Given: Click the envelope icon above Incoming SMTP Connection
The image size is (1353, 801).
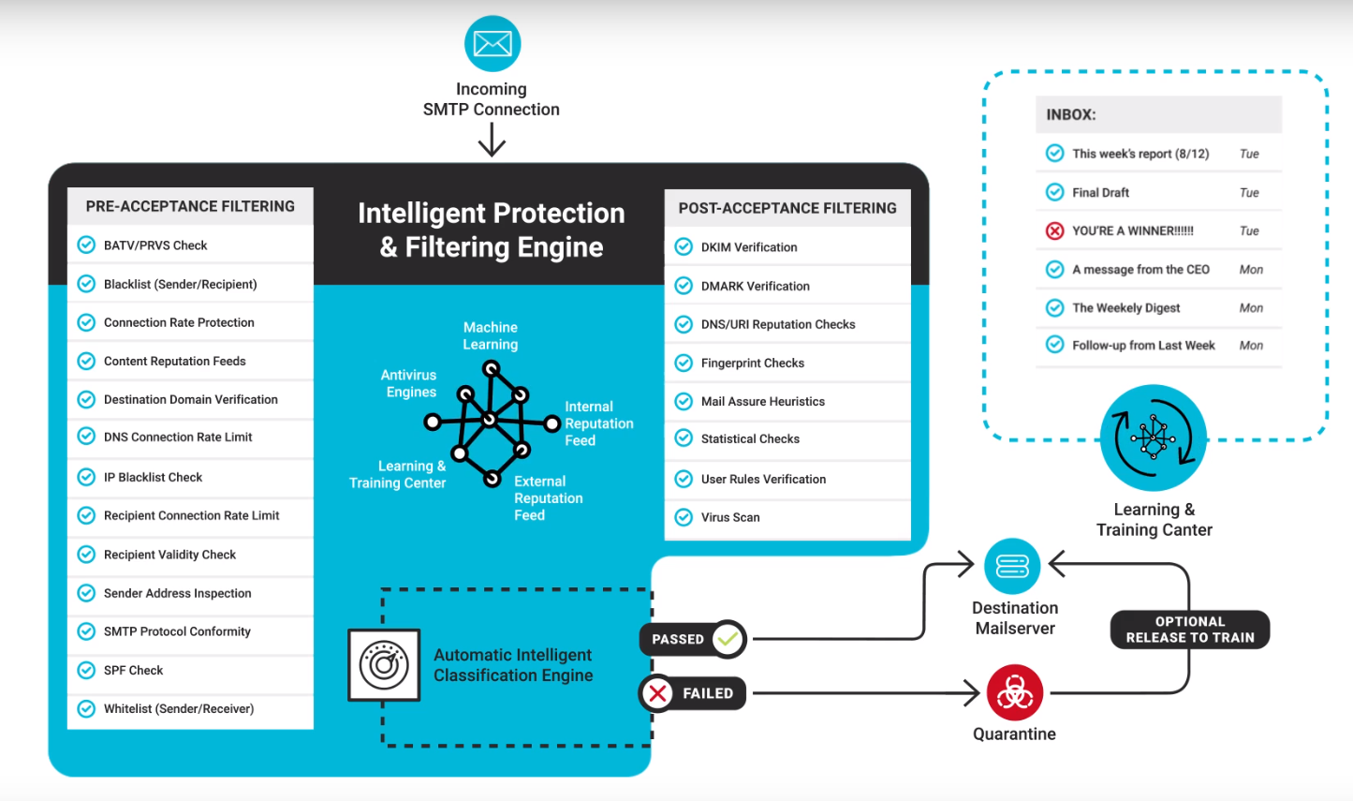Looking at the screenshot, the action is (x=493, y=43).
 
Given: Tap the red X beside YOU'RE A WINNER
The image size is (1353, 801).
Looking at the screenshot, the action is (x=1054, y=230).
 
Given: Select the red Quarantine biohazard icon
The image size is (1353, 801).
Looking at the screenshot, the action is (x=1015, y=692).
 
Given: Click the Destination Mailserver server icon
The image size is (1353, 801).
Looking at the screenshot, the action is (x=1012, y=567).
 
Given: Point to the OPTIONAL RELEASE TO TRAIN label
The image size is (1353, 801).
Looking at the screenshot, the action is (x=1190, y=630).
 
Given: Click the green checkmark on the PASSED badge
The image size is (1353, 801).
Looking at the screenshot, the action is (x=728, y=638).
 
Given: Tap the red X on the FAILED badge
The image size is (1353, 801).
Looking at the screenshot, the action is (x=658, y=692).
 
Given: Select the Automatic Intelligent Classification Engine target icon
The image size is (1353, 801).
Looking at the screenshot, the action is (x=384, y=665).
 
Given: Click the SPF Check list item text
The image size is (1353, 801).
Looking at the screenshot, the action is (x=134, y=671).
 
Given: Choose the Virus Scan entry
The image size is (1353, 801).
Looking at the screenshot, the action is (x=730, y=517).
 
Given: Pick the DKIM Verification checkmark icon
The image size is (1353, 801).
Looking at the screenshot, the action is (x=684, y=246).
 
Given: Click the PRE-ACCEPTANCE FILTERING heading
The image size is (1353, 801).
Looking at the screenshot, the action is (x=190, y=206).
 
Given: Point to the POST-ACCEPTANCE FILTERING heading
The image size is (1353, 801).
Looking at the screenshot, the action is (x=787, y=208).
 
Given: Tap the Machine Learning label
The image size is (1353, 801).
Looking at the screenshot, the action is (x=491, y=335).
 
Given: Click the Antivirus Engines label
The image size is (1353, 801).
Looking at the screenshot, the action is (x=409, y=383).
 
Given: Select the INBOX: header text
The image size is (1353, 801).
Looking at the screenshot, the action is (x=1071, y=115).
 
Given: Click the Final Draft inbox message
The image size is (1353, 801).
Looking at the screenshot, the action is (x=1100, y=193).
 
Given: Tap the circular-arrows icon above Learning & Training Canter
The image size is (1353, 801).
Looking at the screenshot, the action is (x=1153, y=438).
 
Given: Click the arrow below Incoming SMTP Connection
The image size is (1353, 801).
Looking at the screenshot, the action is (x=492, y=140).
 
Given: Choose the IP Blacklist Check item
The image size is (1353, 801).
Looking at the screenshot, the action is (x=153, y=478).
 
